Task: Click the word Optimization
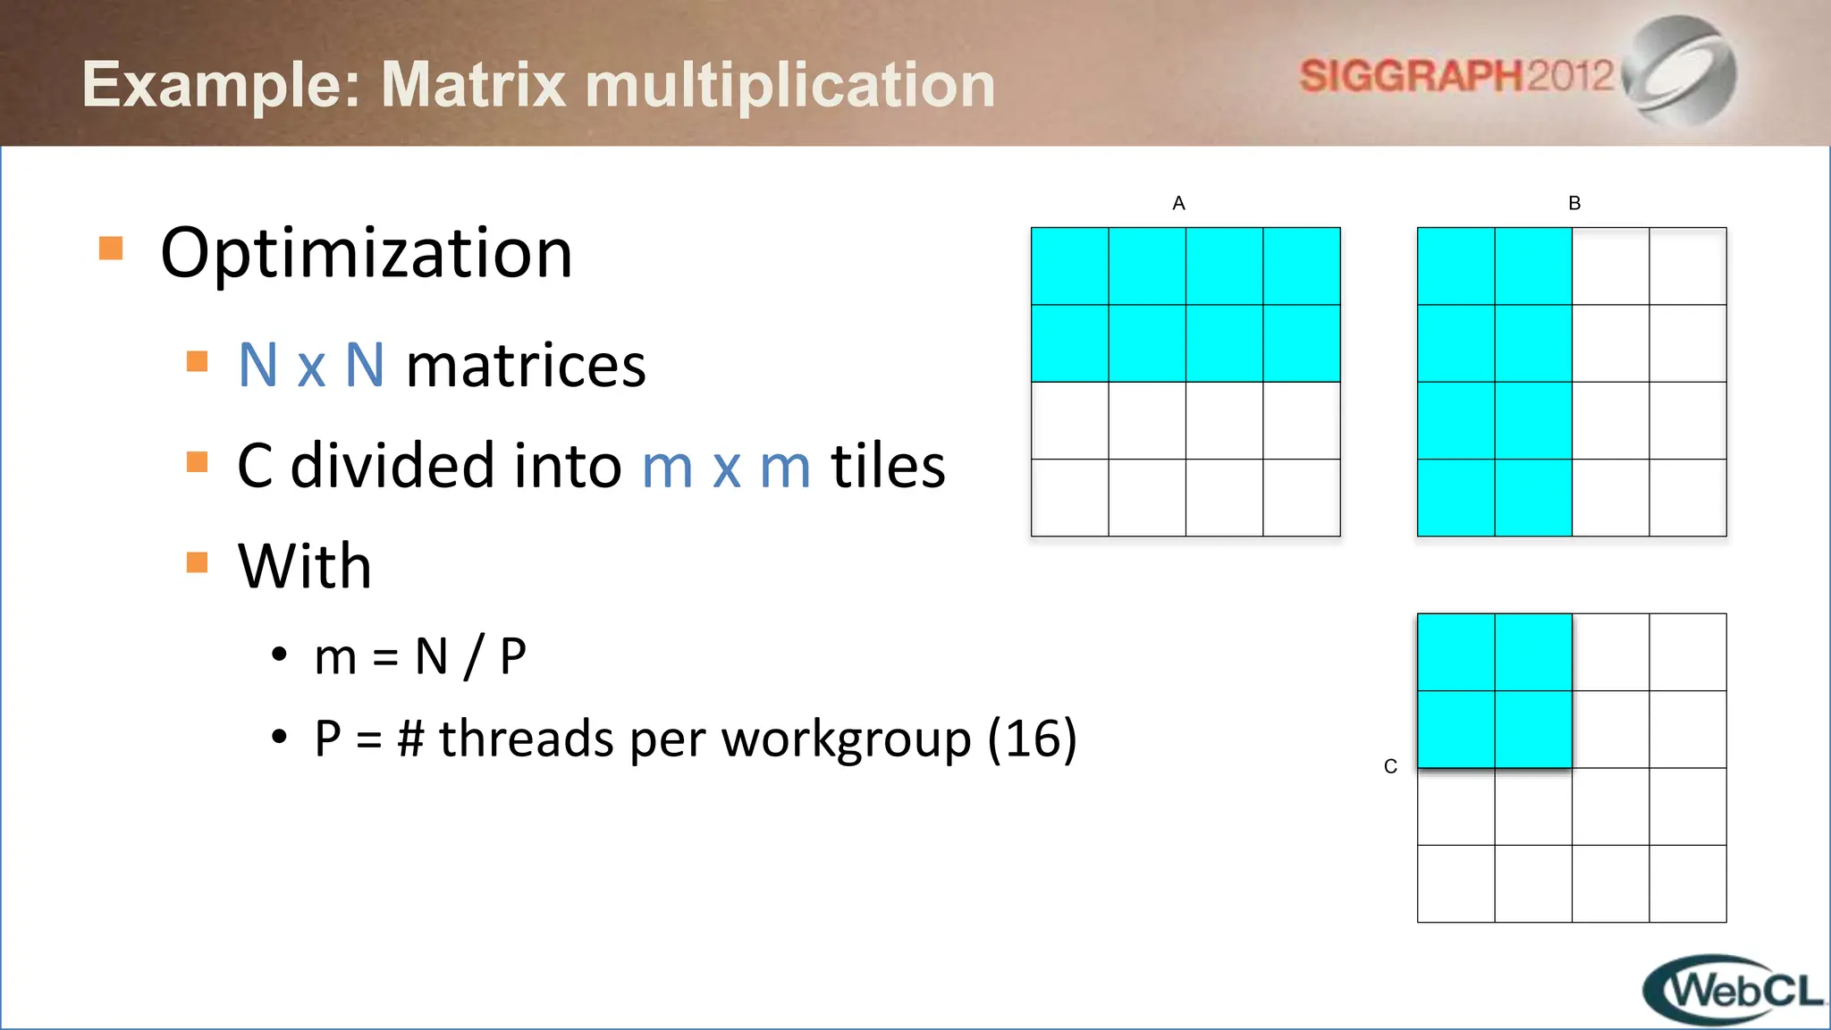point(366,254)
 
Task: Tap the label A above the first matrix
point(1178,204)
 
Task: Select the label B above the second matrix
point(1574,204)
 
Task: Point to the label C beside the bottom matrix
point(1390,766)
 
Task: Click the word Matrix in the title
point(474,85)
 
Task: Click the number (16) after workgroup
point(1033,739)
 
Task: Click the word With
point(305,566)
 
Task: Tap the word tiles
point(888,466)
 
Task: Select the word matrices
point(526,366)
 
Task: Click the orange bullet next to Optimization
point(111,249)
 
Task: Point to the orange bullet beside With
point(198,562)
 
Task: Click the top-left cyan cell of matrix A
point(1070,266)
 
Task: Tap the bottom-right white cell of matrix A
point(1301,497)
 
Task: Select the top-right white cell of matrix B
point(1687,266)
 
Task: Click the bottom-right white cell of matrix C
point(1687,883)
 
